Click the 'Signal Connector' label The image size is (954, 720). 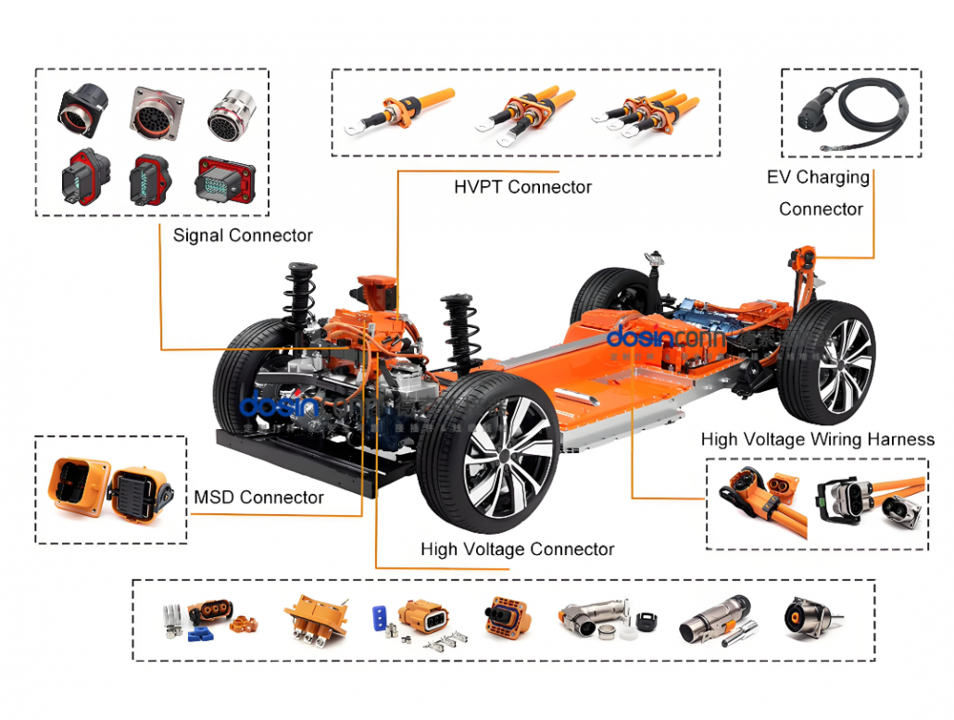point(243,235)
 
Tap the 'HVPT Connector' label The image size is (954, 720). point(522,187)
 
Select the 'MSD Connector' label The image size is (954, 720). point(258,498)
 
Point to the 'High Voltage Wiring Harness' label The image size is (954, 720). point(818,439)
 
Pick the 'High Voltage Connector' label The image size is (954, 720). point(517,549)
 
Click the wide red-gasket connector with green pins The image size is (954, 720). point(224,179)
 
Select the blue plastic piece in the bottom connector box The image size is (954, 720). point(197,634)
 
